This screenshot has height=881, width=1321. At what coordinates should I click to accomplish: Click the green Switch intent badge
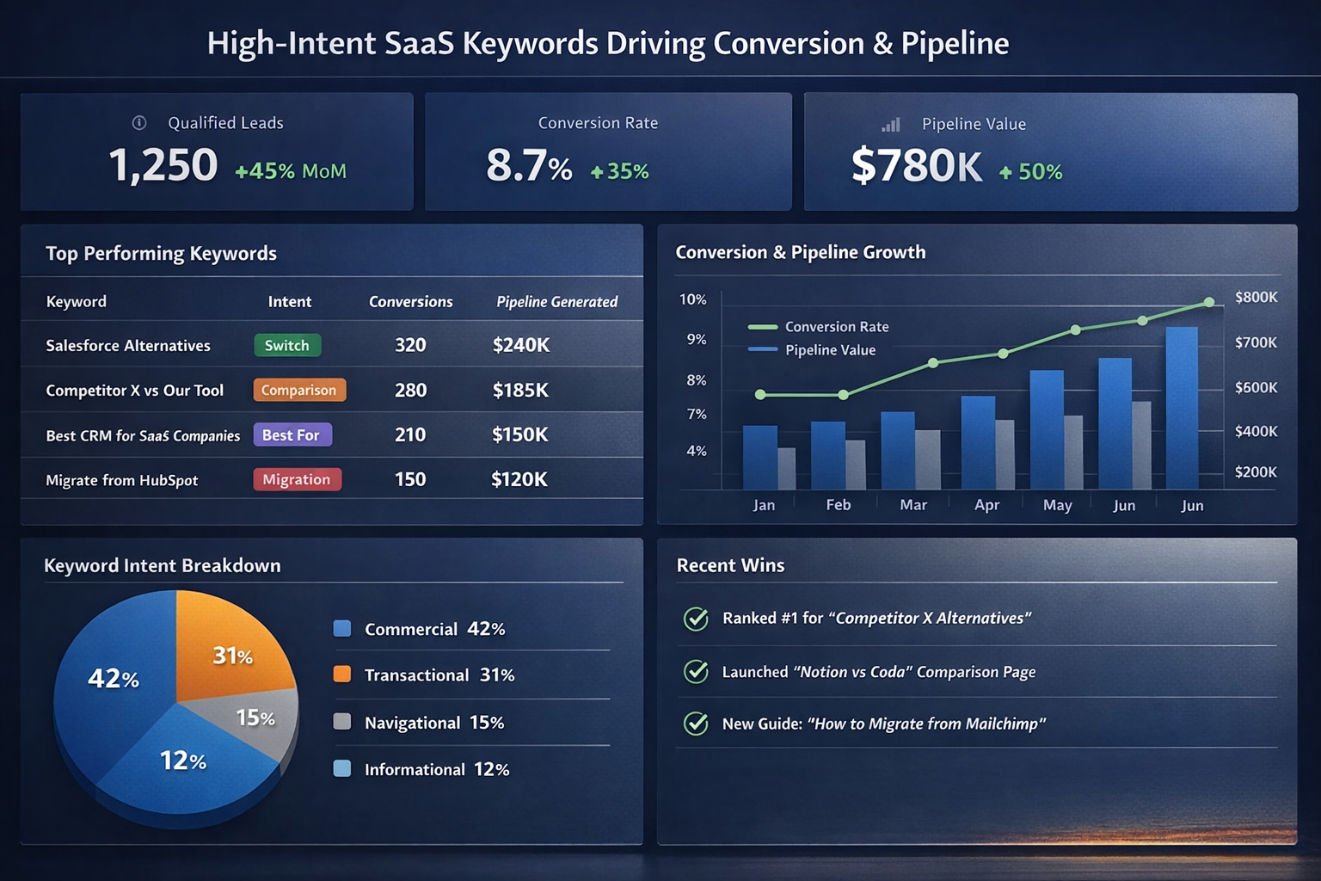(287, 345)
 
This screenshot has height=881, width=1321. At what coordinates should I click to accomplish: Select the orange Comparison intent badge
(299, 390)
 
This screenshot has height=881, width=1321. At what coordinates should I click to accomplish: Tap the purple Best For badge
(292, 434)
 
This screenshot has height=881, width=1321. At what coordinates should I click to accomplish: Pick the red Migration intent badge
(297, 479)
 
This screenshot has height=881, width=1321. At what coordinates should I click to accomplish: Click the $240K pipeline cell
(520, 345)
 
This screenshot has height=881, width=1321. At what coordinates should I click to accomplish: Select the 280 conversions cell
(410, 390)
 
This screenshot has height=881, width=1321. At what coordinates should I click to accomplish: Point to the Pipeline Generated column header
(556, 302)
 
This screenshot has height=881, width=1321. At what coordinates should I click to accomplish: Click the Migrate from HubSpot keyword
(122, 480)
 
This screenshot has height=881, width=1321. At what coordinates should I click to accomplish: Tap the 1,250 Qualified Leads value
(163, 165)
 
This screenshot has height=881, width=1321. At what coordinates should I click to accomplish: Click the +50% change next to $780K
(1031, 172)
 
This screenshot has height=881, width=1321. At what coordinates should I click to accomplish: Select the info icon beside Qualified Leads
(139, 123)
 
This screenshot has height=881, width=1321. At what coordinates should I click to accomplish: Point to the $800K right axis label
(1256, 298)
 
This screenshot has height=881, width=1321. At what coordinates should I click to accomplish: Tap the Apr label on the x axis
(986, 505)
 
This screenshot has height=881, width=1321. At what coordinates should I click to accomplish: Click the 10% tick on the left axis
(692, 299)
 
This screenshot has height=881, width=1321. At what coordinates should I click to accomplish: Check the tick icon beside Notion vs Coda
(696, 671)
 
